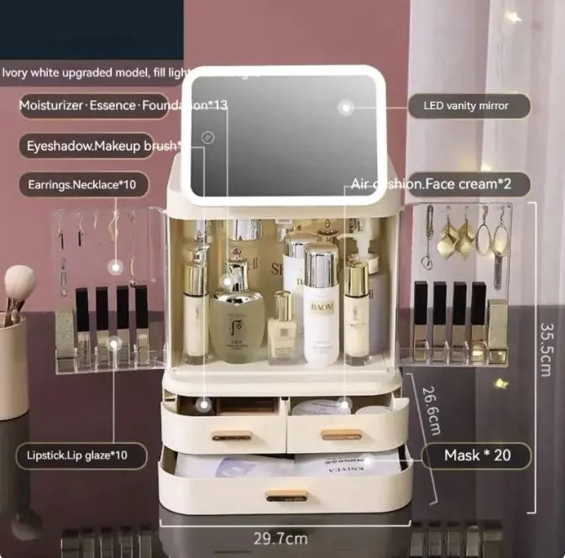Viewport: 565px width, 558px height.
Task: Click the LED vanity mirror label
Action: [x=470, y=106]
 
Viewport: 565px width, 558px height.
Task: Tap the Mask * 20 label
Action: [x=476, y=456]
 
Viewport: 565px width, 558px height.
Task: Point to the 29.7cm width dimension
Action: [x=280, y=538]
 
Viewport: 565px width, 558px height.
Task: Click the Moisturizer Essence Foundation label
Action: [x=123, y=106]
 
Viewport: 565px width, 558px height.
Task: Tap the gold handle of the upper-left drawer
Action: [x=231, y=435]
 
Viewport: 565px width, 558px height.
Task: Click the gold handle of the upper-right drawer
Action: [x=342, y=434]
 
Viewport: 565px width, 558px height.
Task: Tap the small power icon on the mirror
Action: [x=209, y=137]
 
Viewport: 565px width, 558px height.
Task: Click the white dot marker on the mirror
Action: [x=345, y=107]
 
